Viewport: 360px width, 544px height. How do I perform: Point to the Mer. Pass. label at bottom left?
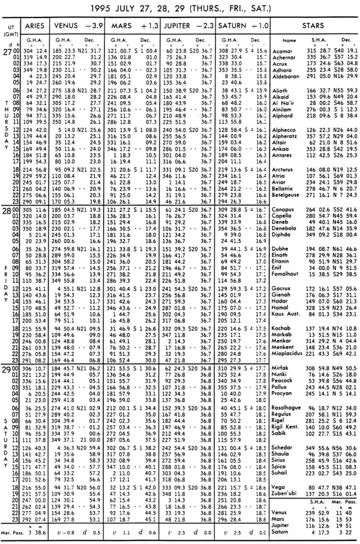pos(13,533)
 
